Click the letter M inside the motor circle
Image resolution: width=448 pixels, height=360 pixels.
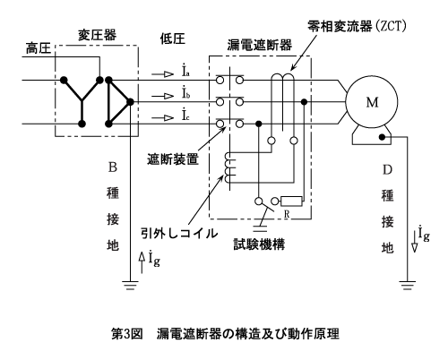372,102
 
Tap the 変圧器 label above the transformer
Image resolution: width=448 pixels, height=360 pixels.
97,35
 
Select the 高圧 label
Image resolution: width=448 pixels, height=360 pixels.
39,48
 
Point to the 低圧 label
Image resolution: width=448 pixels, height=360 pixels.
173,39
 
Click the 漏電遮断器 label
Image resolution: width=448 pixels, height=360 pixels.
260,45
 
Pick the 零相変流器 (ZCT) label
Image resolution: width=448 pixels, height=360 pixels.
357,26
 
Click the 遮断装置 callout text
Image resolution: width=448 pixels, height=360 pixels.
173,159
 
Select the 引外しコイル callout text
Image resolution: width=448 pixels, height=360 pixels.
179,233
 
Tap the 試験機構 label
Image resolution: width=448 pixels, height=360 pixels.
259,244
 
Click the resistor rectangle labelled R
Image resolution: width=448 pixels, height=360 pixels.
291,201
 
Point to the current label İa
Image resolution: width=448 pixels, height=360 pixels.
185,71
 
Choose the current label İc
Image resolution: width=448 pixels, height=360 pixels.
185,115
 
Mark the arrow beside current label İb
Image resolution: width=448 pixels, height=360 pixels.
163,96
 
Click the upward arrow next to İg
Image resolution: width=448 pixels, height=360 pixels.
142,262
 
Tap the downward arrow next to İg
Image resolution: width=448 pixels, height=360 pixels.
414,242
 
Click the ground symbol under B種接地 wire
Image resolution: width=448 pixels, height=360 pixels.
130,286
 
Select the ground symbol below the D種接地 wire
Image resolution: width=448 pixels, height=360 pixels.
407,286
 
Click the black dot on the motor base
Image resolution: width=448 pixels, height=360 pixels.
382,137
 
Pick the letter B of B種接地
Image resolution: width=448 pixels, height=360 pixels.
113,167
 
